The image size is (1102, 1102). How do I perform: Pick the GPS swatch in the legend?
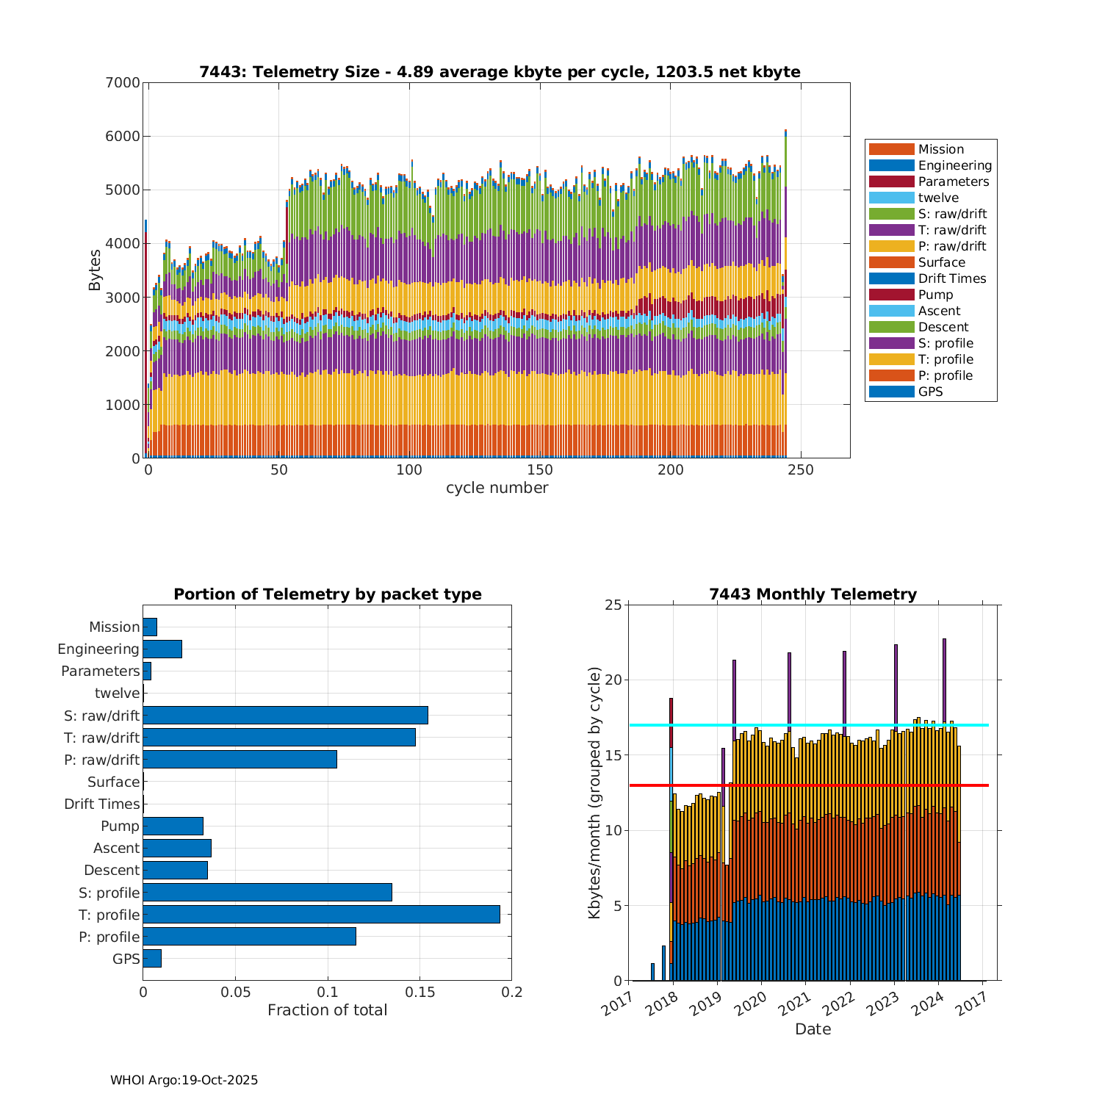tap(891, 392)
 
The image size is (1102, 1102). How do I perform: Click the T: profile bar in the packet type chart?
tap(321, 915)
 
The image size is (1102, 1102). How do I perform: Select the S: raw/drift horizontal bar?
tap(285, 716)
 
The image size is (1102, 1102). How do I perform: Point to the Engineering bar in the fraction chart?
tap(162, 649)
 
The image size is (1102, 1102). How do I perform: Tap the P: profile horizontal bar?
tap(249, 937)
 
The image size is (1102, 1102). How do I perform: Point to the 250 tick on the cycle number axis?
tap(800, 470)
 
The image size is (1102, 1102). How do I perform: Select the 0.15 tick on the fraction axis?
tap(419, 993)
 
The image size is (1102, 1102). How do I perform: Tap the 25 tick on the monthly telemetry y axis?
tap(613, 605)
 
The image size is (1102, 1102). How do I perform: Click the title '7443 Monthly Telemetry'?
tap(813, 594)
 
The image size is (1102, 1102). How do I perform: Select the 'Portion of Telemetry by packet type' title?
tap(328, 594)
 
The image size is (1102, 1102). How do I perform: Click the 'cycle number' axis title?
tap(497, 488)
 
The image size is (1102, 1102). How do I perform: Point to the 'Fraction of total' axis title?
tap(327, 1010)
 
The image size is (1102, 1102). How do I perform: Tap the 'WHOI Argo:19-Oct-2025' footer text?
tap(184, 1080)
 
